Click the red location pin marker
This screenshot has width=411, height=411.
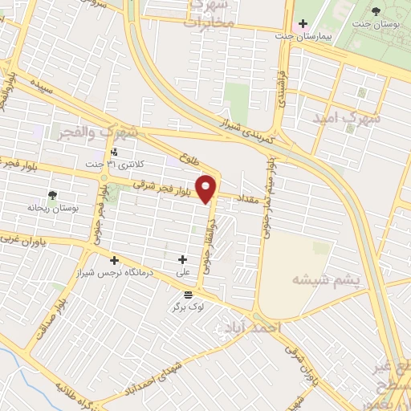[x=207, y=189]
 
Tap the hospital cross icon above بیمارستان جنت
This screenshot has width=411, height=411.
[x=303, y=23]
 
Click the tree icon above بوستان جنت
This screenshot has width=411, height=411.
[x=376, y=10]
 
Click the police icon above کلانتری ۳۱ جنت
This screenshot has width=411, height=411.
[x=115, y=151]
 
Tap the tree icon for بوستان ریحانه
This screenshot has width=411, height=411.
[x=53, y=195]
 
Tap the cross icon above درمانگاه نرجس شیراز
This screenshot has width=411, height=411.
[x=115, y=260]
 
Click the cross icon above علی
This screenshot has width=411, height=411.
[x=183, y=260]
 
